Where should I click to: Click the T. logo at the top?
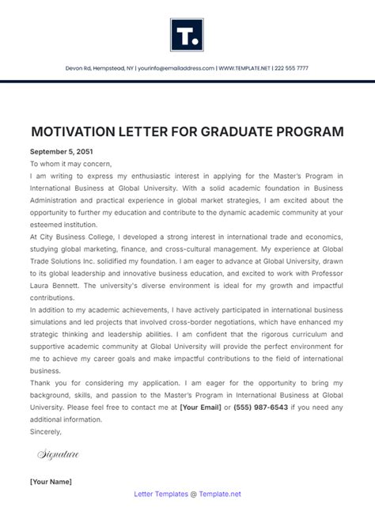pos(187,34)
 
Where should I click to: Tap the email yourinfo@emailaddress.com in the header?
pos(175,69)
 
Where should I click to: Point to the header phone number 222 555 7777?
pos(292,69)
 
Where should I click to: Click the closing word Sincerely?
pos(46,432)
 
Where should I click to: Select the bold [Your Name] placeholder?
pos(51,481)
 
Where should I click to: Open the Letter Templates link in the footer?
pos(163,494)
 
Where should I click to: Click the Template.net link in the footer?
pos(221,494)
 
